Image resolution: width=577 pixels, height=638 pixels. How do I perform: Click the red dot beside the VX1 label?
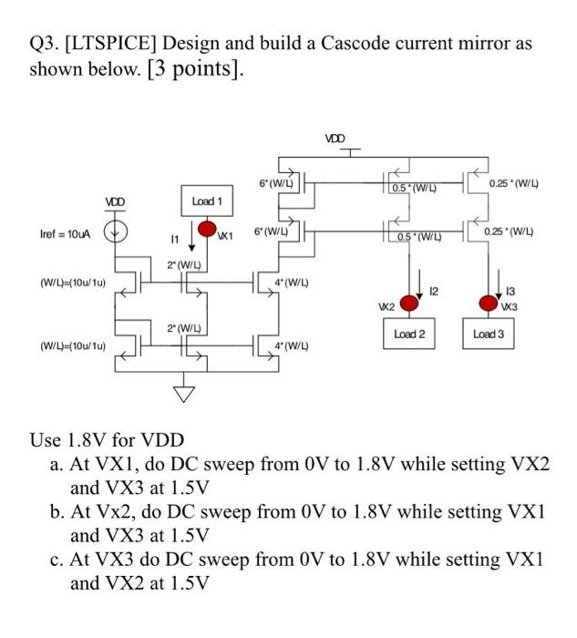click(207, 228)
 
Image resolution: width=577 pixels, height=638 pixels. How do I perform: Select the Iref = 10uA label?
click(62, 235)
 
